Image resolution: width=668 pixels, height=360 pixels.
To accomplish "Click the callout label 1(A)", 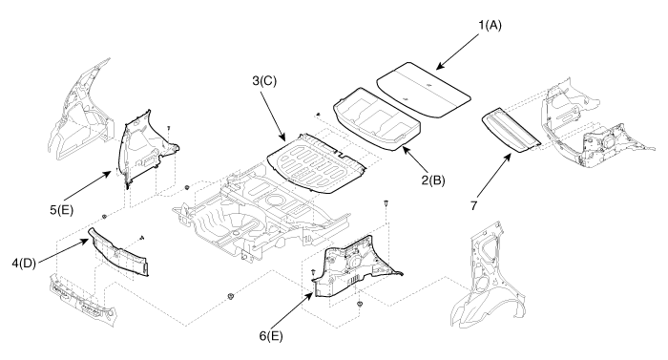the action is (x=490, y=26).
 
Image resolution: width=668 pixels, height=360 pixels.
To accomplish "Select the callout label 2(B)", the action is (x=433, y=180).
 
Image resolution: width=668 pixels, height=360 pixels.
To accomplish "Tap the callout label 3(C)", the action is (x=264, y=80).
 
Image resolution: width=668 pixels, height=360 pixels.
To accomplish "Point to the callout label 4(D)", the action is (x=24, y=264).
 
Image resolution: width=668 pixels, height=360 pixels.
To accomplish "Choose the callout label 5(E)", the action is (x=62, y=210).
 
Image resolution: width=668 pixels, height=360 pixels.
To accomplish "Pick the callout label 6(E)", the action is (x=271, y=336).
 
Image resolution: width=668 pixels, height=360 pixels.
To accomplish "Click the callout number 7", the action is (x=474, y=205).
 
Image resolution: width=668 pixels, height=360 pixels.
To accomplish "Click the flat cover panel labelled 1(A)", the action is (x=424, y=89).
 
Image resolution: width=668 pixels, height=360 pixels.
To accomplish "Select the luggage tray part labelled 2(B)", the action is (x=378, y=119).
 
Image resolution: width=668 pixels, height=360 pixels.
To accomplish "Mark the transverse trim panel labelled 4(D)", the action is (x=118, y=252).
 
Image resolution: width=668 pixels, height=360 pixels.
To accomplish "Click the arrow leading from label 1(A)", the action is (x=458, y=52).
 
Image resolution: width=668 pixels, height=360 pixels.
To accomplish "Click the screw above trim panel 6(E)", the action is (x=386, y=204).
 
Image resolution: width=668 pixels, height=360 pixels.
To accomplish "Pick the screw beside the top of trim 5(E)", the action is (x=169, y=128).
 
